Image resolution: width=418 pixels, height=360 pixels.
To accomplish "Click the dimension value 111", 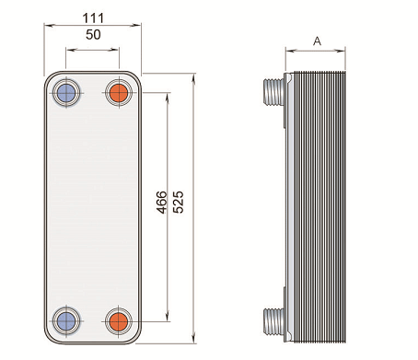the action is [93, 18].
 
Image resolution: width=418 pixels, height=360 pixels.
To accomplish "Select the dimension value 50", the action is [93, 35].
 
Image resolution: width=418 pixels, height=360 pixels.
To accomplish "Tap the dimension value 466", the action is [162, 203].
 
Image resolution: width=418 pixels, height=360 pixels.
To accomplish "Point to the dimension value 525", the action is [178, 203].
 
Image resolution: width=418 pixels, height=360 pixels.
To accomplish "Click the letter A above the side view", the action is [317, 41].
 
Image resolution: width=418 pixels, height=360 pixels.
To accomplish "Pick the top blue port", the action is [66, 93].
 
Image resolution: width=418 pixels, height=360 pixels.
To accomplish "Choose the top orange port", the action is [119, 93].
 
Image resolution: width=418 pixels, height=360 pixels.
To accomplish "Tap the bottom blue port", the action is [66, 320].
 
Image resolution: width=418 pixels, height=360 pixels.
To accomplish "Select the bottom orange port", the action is [119, 320].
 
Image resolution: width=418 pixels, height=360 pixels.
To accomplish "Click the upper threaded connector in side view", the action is [273, 92].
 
